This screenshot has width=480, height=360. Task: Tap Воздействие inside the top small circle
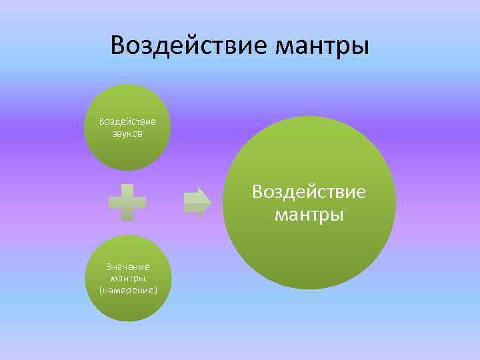tap(127, 121)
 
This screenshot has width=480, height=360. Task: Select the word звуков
tap(127, 133)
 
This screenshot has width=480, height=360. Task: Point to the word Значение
tap(128, 267)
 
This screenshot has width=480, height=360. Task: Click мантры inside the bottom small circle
tap(128, 279)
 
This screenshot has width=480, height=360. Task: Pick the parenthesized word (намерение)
tap(128, 291)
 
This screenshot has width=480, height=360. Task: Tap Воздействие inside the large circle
tap(309, 192)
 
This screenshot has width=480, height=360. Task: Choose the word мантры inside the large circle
tap(309, 215)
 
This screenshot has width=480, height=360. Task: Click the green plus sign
tap(128, 203)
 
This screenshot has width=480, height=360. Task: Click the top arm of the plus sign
tap(128, 191)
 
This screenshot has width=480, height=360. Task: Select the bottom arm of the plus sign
tap(128, 215)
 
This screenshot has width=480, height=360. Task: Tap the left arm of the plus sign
tap(115, 203)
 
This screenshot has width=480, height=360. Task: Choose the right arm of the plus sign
tap(141, 203)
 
